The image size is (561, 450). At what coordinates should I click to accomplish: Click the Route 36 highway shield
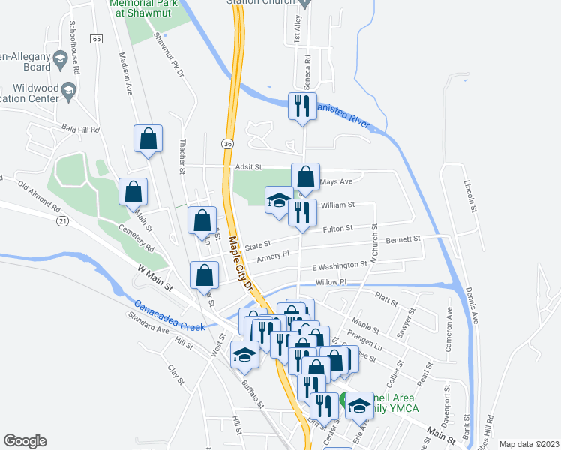pos(227,143)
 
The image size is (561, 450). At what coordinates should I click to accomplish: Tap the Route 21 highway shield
pos(62,220)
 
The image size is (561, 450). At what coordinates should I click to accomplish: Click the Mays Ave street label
pos(335,181)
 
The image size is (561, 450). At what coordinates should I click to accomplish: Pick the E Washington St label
pos(340,265)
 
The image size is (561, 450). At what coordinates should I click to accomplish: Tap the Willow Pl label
pos(331,283)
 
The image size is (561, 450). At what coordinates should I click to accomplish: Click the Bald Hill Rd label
pos(81,130)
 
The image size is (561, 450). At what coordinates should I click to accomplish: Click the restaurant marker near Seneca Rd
pos(302,106)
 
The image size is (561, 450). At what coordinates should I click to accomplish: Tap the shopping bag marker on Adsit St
pos(305,177)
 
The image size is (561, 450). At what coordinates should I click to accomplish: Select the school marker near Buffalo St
pos(244,354)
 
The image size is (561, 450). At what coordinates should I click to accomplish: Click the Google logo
pos(25,441)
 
